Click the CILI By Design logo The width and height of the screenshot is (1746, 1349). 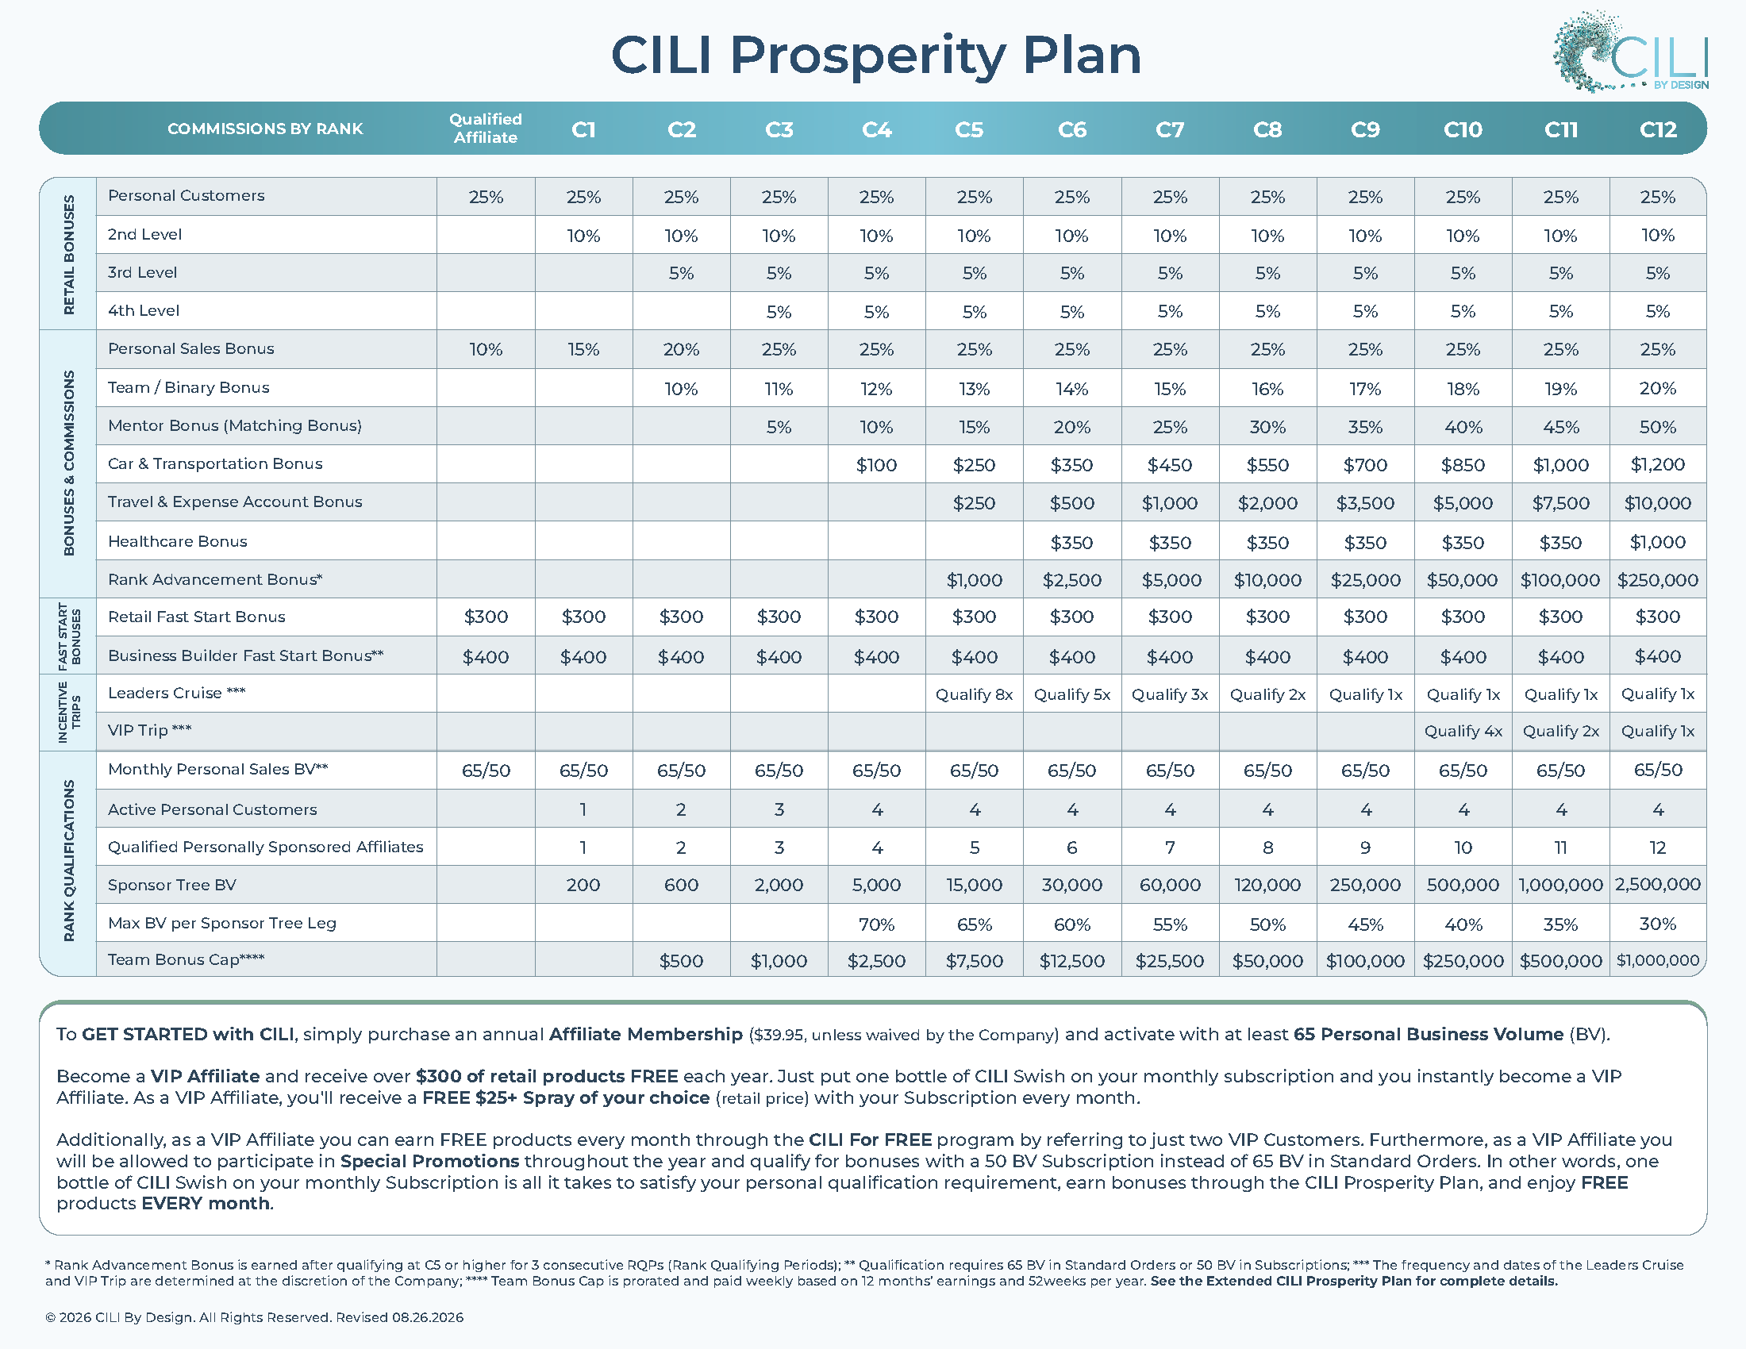click(1630, 52)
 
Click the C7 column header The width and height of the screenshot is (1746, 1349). click(1170, 129)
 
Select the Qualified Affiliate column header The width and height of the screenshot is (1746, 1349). click(485, 128)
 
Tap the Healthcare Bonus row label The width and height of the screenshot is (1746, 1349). click(178, 541)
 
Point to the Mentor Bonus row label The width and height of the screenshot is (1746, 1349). click(235, 426)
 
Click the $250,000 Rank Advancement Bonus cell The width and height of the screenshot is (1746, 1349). click(1657, 580)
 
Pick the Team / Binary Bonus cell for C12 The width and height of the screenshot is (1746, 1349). click(1657, 388)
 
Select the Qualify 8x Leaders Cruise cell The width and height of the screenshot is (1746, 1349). click(974, 694)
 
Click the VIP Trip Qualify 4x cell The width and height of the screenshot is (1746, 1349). click(1463, 732)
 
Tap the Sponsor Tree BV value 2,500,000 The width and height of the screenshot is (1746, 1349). click(1657, 885)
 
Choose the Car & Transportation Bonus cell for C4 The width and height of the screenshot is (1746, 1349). click(876, 465)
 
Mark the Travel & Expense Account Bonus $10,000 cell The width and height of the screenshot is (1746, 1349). click(1657, 503)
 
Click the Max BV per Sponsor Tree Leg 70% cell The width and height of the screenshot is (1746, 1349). click(876, 924)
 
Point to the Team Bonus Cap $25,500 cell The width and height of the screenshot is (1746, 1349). click(1170, 962)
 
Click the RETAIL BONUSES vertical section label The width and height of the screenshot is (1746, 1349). click(69, 254)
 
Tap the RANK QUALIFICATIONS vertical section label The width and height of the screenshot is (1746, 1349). click(69, 861)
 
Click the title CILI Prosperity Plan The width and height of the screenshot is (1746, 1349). click(875, 55)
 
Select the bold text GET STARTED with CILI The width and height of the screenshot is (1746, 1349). click(188, 1034)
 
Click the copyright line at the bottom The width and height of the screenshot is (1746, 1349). click(254, 1317)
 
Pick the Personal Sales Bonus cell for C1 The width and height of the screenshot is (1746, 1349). click(583, 350)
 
